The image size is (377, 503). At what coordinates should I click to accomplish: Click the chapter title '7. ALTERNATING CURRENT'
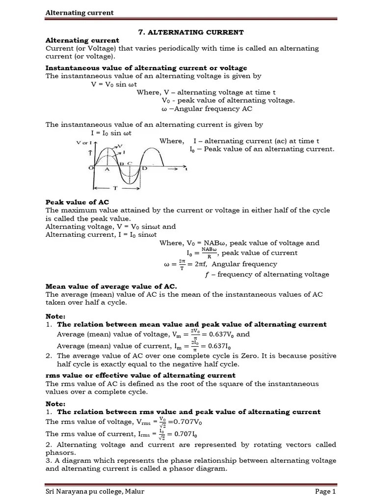coord(191,32)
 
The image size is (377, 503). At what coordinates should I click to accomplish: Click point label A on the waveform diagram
coord(107,168)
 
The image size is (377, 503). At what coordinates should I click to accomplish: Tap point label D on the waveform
coord(144,168)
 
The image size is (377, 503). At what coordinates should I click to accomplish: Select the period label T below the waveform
coord(114,188)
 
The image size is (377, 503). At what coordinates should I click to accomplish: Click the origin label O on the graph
coord(91,168)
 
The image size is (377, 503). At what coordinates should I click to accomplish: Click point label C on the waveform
coord(130,163)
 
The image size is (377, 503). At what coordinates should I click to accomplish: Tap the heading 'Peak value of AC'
coord(77,202)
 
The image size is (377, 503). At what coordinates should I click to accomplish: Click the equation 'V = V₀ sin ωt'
coord(115,84)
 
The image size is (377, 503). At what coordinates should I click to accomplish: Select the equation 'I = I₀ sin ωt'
coord(111,133)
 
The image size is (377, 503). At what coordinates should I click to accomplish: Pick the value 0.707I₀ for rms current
coord(185,434)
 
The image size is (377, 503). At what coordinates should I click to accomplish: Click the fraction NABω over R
coord(209,252)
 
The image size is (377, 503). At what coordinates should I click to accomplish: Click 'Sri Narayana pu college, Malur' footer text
coord(92,491)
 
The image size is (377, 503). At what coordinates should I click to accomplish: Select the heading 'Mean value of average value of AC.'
coord(111,286)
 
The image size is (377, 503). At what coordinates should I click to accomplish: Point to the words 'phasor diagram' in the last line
coord(202,468)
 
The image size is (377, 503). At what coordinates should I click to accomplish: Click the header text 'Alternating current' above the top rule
coord(79,12)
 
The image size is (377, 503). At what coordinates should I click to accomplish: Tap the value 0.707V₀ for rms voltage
coord(185,422)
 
